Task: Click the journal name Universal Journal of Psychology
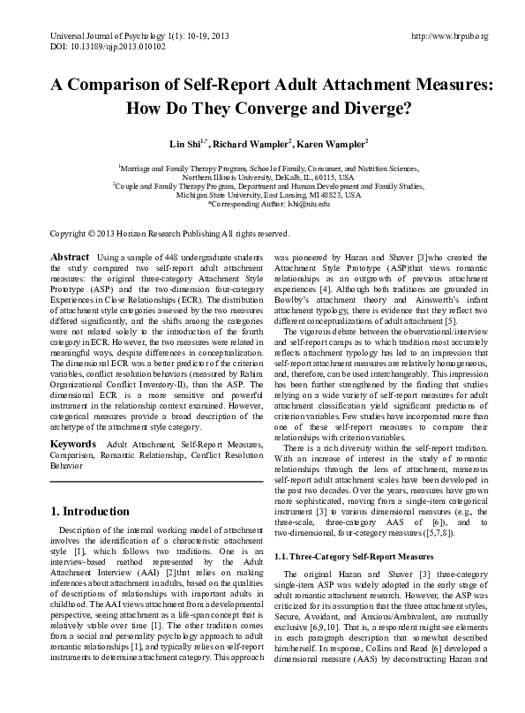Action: (x=101, y=35)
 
